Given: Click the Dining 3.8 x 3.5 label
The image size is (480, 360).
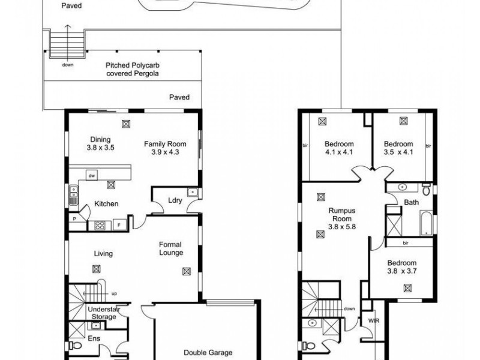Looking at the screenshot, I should pos(100,143).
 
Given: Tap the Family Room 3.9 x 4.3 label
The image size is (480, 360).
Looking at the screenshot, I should pos(165,148).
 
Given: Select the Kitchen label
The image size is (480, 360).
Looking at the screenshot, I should pos(106,204).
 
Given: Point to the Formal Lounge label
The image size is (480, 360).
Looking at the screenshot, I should pos(171,248).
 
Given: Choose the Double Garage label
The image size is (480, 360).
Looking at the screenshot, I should pos(208,353).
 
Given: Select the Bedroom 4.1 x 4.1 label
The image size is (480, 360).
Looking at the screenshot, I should pos(339,148).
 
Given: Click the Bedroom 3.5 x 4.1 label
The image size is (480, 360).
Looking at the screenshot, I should pos(398,148).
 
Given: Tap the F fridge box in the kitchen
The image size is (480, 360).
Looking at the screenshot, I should pos(119,226).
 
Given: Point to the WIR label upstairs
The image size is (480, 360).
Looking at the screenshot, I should pos(373,322).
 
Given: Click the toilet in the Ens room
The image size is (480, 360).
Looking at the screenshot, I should pos(73,346).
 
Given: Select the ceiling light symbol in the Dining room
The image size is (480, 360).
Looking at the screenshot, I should pos(126,125).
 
